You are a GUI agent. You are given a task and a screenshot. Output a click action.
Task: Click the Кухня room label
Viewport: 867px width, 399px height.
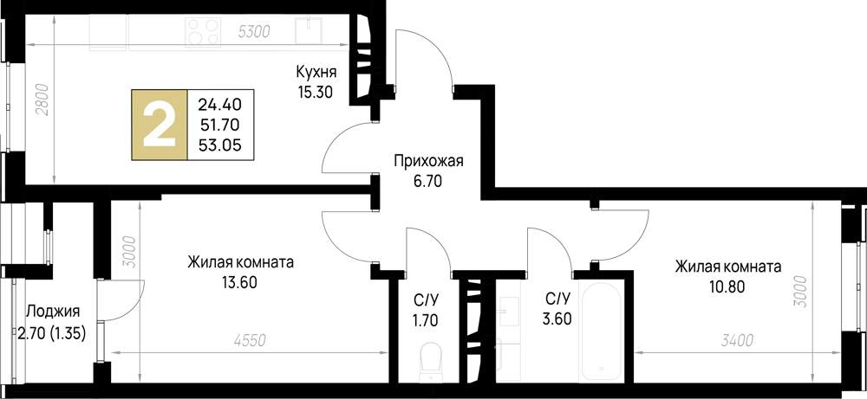316,72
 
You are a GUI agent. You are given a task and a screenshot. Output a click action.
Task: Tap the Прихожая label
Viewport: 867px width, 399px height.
429,160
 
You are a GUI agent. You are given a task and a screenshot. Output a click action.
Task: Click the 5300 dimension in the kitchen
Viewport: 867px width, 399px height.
254,32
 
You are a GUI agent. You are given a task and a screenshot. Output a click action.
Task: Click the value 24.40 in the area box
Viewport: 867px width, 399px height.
220,104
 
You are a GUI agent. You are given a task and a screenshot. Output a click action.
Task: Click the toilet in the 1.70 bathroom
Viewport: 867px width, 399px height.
429,361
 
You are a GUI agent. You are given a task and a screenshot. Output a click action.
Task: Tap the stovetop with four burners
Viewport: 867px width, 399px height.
202,31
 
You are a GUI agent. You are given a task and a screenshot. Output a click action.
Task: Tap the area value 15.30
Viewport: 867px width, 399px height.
316,90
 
